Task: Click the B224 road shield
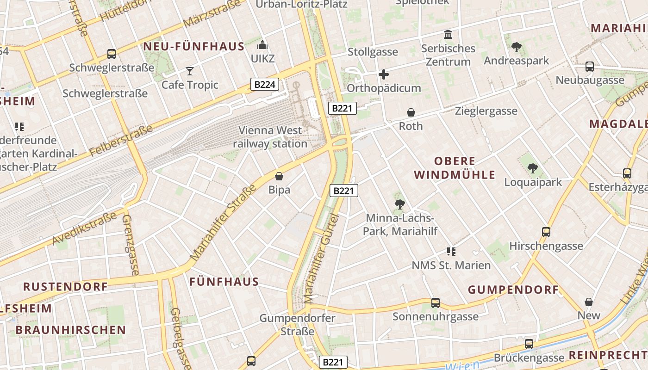(x=266, y=84)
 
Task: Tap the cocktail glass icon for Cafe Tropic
(x=190, y=71)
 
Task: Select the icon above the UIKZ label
(x=262, y=45)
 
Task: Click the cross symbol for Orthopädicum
(x=383, y=74)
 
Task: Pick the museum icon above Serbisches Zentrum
(x=448, y=35)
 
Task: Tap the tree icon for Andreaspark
(x=516, y=47)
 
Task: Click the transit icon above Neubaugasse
(x=589, y=66)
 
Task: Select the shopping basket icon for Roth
(x=411, y=112)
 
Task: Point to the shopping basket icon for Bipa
(x=279, y=176)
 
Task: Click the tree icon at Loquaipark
(x=533, y=168)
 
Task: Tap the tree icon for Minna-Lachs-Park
(x=399, y=204)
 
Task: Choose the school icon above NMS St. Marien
(x=451, y=252)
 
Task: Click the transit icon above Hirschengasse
(x=546, y=232)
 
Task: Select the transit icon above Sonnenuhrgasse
(x=435, y=303)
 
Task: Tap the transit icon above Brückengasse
(x=529, y=344)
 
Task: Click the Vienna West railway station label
(x=270, y=137)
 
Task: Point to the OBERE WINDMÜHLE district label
(x=455, y=168)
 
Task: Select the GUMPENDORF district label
(x=513, y=290)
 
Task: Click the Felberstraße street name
(x=121, y=141)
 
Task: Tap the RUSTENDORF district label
(x=65, y=287)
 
